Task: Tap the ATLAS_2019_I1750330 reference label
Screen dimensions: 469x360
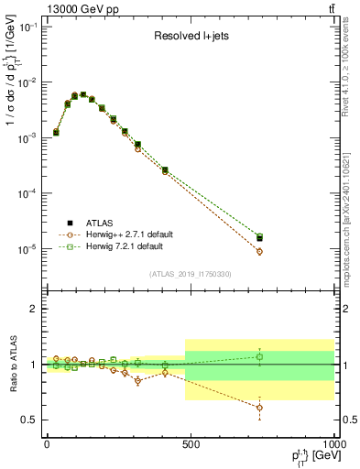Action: click(190, 274)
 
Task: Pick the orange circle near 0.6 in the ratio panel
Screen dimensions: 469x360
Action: click(260, 408)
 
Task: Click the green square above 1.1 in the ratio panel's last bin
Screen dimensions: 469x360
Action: click(260, 356)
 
